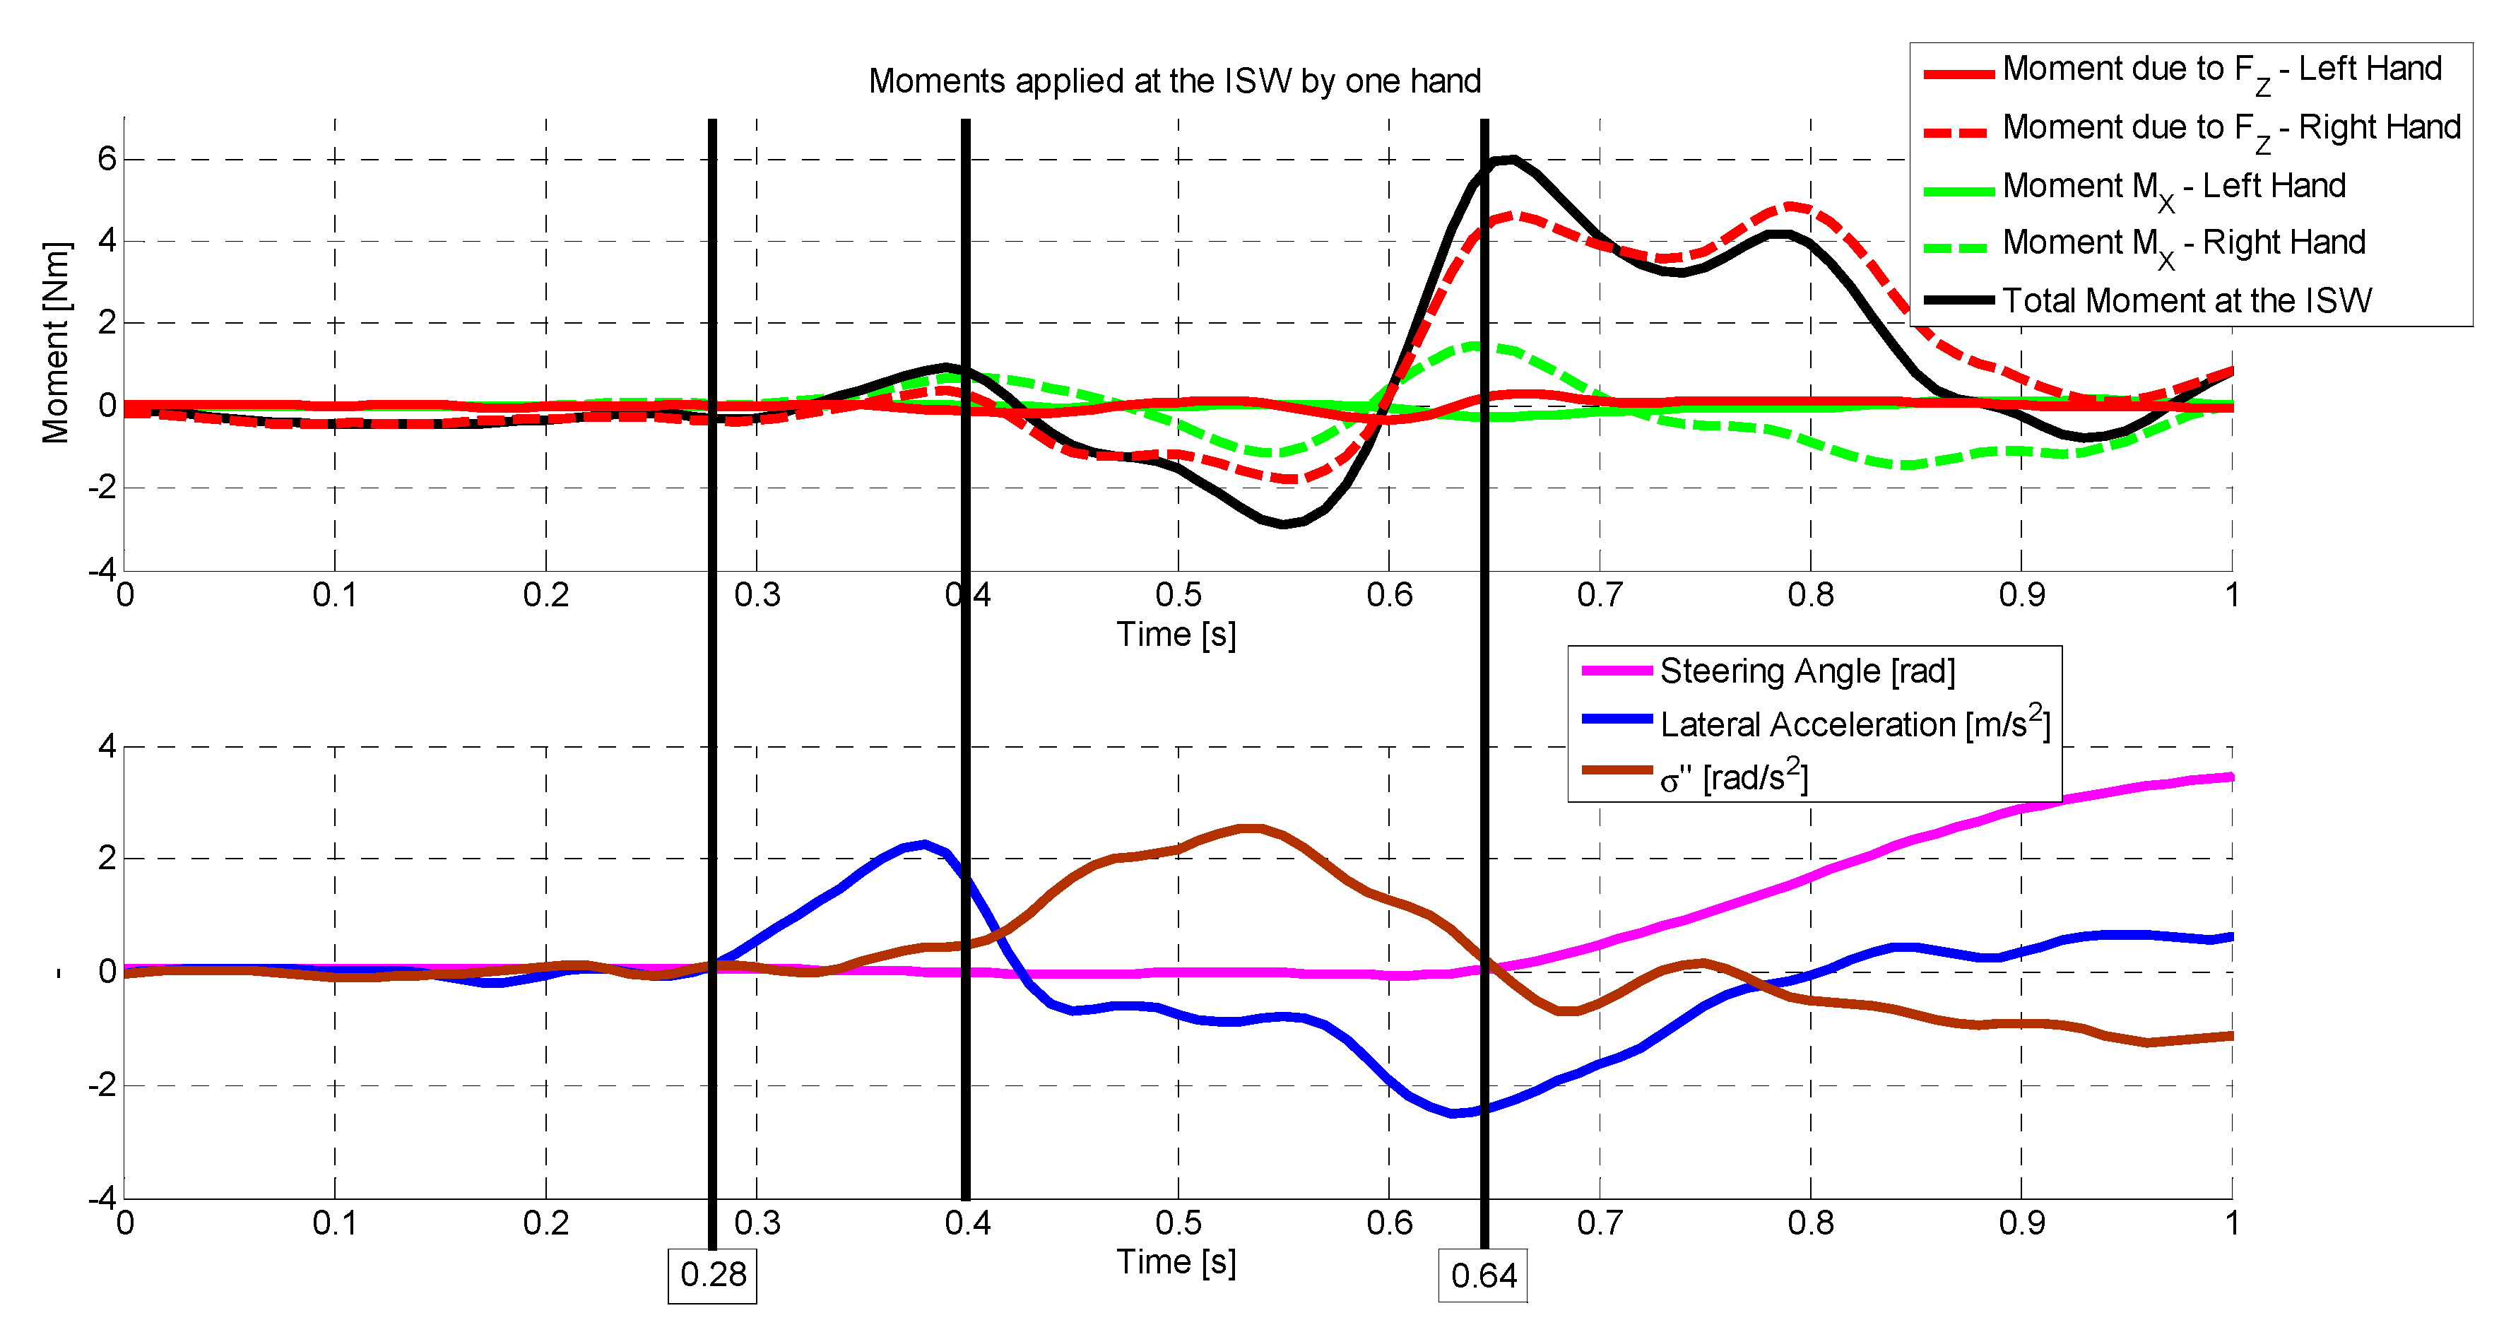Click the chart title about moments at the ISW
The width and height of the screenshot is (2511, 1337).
tap(1174, 81)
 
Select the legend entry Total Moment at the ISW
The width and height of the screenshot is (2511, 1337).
tap(2187, 300)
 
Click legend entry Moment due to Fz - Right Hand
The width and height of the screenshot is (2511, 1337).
tap(2231, 128)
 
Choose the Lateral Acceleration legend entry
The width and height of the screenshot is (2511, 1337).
tap(1854, 724)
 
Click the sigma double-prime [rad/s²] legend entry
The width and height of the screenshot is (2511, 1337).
tap(1733, 777)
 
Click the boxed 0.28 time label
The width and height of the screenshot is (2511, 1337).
tap(713, 1275)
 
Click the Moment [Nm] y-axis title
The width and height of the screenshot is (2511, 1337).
tap(56, 343)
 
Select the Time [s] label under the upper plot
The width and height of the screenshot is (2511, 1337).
tap(1176, 635)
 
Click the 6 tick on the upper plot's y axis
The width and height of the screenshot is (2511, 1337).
tap(106, 159)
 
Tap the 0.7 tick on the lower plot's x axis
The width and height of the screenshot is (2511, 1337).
tap(1600, 1223)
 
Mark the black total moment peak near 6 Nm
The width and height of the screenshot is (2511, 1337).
tap(1509, 160)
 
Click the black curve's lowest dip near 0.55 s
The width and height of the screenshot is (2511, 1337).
tap(1283, 524)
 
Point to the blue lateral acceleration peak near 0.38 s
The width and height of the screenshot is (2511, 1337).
tap(923, 844)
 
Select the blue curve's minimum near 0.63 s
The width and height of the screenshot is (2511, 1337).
tap(1454, 1113)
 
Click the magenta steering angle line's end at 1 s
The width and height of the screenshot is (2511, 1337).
tap(2231, 777)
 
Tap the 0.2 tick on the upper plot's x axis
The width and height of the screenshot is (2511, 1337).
tap(546, 595)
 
